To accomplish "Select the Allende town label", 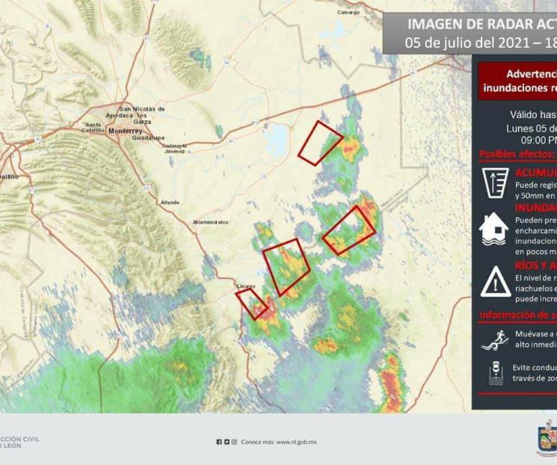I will [x=170, y=203].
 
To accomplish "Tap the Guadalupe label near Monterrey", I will [x=148, y=138].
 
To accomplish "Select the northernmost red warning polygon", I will [x=319, y=141].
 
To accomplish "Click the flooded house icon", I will [x=494, y=230].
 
